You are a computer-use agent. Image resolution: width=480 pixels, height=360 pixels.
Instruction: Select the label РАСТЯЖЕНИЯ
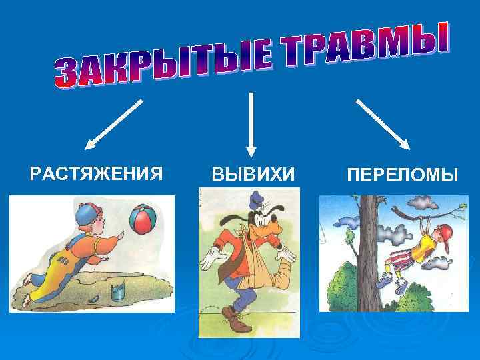point(97,175)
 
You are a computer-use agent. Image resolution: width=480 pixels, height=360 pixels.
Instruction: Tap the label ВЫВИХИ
point(252,175)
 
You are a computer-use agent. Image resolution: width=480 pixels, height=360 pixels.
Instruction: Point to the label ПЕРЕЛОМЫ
point(402,176)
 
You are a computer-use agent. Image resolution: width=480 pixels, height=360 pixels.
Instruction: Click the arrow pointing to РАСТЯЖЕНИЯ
point(114,123)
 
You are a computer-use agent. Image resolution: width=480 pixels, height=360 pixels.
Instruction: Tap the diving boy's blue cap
point(87,215)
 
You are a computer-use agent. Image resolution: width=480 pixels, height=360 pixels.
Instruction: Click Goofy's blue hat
point(256,199)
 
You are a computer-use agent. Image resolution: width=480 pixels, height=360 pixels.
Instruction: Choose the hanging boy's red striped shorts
point(403,256)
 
